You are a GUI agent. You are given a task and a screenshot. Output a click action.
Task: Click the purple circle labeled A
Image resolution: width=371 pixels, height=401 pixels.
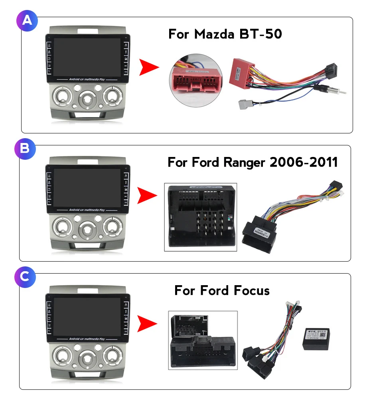tap(27, 20)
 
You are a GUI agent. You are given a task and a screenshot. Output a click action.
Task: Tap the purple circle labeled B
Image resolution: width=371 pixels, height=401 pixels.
tap(25, 149)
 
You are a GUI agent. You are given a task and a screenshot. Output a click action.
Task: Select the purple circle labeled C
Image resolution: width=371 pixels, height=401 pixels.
tap(25, 277)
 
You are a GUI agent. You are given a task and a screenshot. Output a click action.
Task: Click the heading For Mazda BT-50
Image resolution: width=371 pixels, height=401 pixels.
tap(225, 34)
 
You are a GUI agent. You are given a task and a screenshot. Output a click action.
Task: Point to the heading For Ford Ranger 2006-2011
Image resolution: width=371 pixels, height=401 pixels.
tap(253, 162)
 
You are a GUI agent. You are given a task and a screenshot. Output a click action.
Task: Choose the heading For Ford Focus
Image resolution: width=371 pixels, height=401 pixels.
tap(222, 290)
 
